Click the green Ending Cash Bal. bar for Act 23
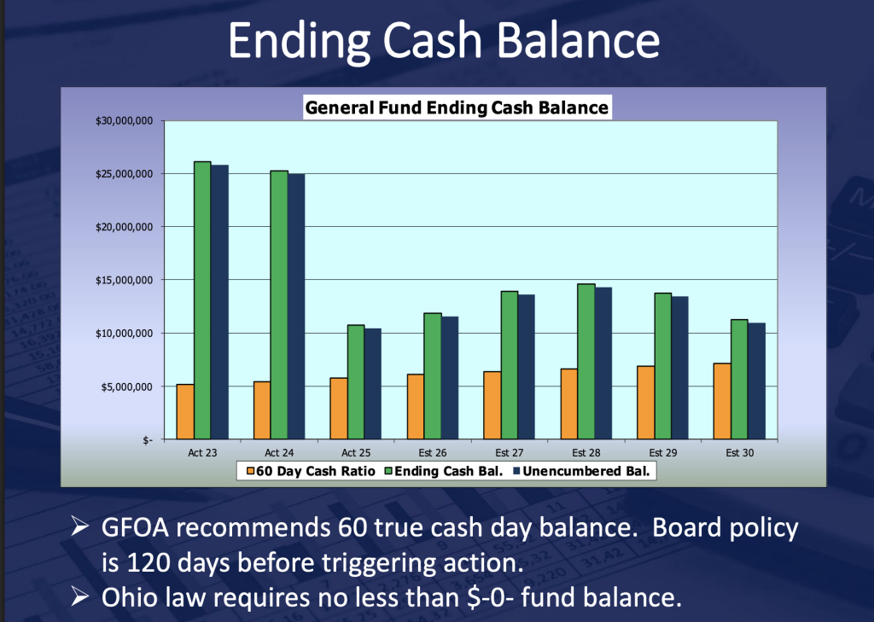pos(202,300)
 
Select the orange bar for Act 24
pos(262,410)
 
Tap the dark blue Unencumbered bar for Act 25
pos(373,384)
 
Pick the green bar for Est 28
pos(586,362)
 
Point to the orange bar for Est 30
pos(722,401)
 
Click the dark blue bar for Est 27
pos(526,367)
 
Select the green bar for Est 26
pos(433,376)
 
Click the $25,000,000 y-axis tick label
pos(125,174)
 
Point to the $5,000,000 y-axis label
pos(126,387)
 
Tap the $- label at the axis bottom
pos(147,440)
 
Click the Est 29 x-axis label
pos(662,452)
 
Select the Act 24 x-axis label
pos(279,452)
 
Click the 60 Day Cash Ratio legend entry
pos(311,471)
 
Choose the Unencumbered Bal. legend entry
pos(581,471)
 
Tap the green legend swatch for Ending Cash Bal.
pos(389,471)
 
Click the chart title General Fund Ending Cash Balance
pos(457,107)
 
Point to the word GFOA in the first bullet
pos(135,527)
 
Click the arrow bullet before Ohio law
pos(80,597)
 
